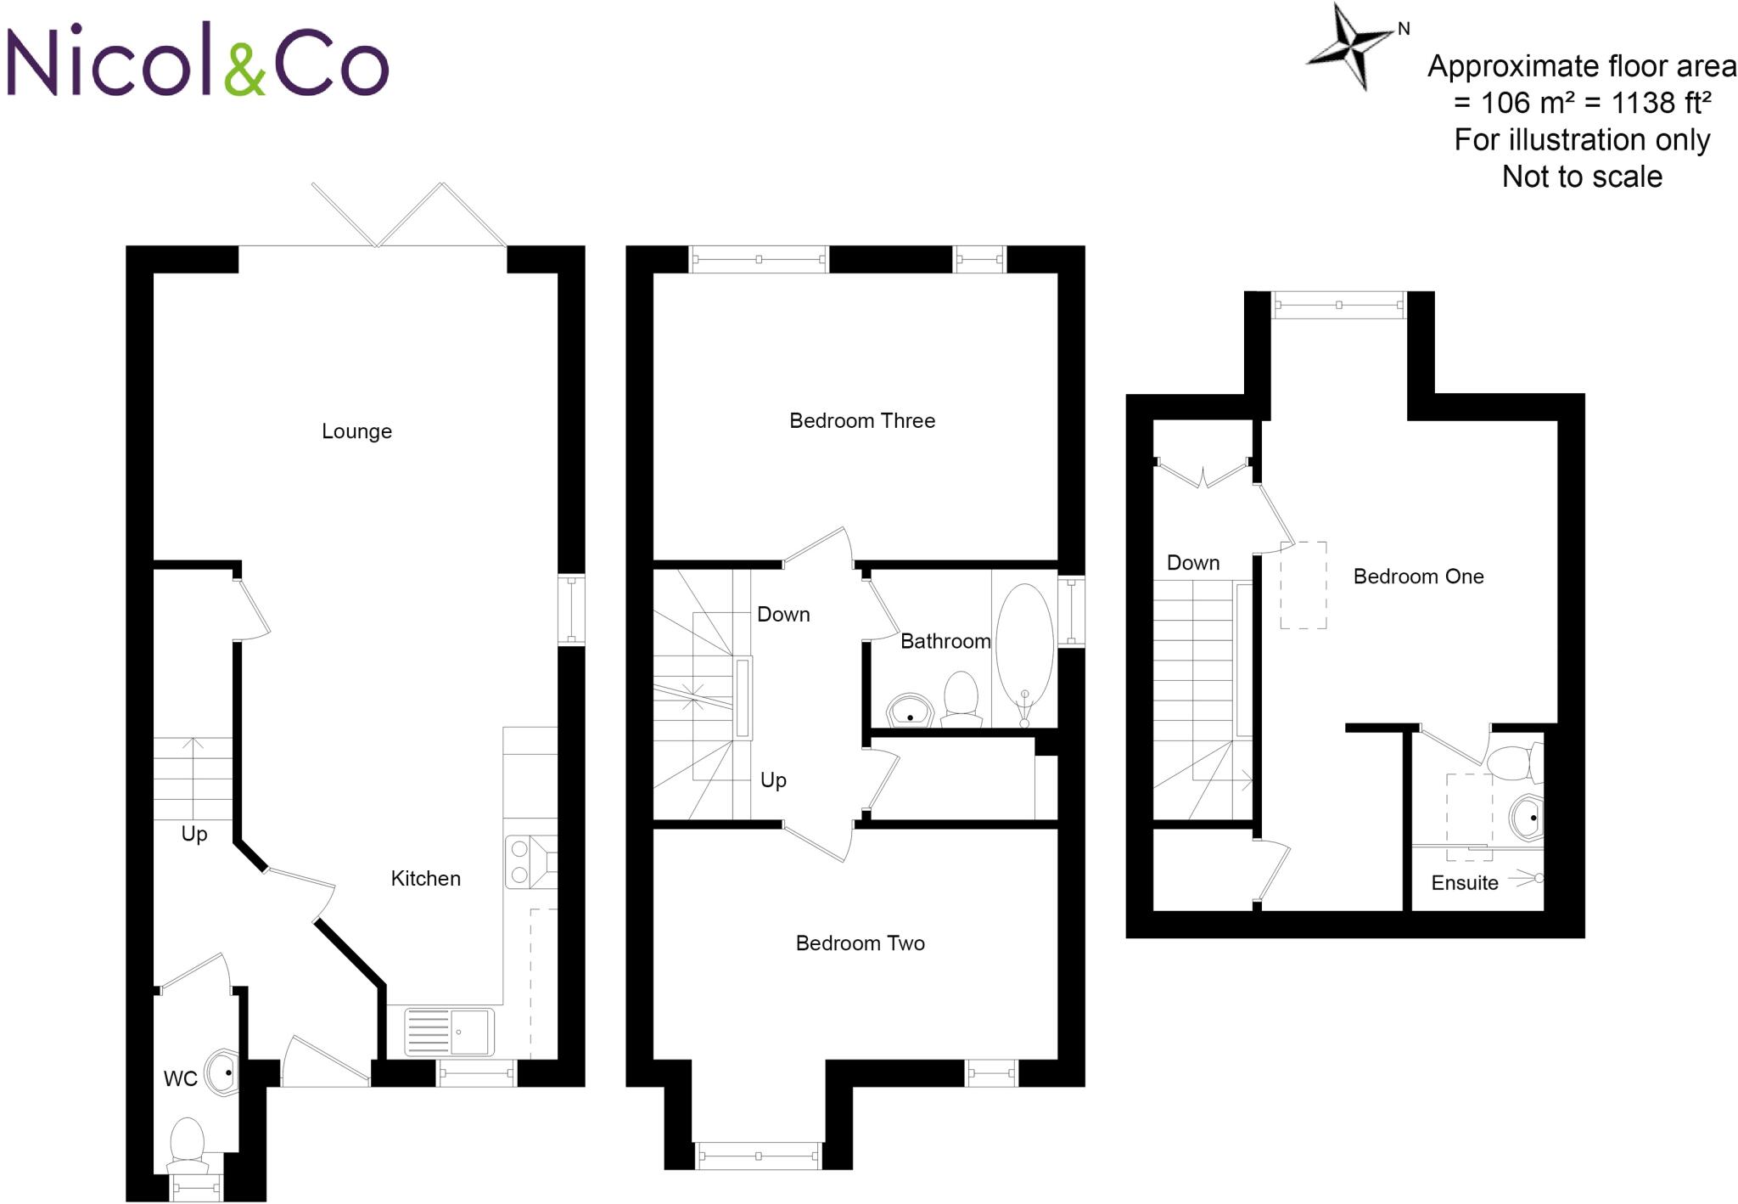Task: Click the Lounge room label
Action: click(356, 431)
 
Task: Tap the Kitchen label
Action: click(425, 879)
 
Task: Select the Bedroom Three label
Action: click(861, 421)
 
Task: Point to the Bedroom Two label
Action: click(860, 943)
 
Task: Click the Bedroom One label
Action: click(1418, 577)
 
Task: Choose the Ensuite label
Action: click(1464, 883)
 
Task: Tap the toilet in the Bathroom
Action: click(961, 696)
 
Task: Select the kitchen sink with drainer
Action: click(448, 1032)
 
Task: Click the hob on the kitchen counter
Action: click(530, 862)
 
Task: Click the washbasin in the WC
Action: click(223, 1073)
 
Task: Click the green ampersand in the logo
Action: click(245, 69)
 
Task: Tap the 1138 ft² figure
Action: click(1660, 103)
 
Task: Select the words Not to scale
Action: click(1582, 177)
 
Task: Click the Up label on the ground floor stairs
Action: click(194, 834)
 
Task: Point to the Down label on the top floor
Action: click(1193, 563)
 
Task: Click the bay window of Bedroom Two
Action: click(758, 1156)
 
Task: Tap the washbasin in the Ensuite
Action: click(1528, 818)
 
